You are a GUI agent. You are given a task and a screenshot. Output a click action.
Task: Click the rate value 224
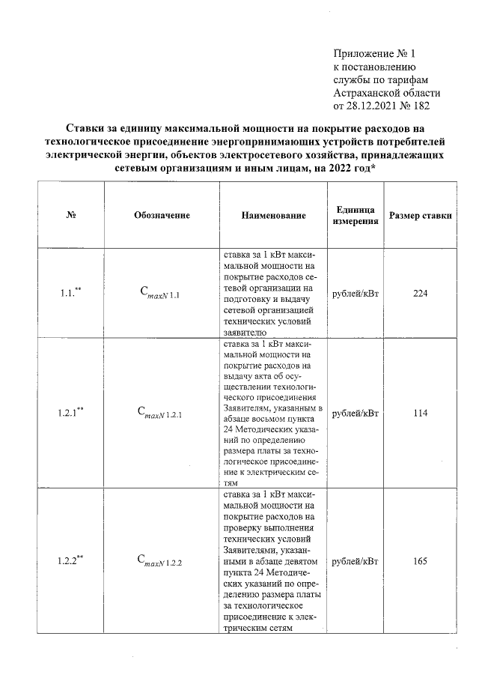coord(419,294)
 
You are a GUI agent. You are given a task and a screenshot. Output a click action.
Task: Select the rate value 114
coord(419,413)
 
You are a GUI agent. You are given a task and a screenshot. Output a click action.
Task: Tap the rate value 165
coord(419,561)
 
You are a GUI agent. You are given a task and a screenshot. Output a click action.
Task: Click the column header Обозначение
coord(162,215)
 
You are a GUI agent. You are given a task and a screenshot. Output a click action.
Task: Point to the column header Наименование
coord(273,215)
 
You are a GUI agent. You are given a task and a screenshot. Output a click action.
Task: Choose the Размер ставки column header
coord(420,215)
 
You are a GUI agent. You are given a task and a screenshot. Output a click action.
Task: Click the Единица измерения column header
coord(356,215)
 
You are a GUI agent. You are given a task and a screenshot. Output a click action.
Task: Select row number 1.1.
coord(70,294)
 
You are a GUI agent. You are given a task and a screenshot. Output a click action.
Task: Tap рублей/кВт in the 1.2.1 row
coord(356,413)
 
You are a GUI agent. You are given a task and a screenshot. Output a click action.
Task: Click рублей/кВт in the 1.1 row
coord(356,294)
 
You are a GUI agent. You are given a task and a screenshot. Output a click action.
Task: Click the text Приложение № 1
coord(373,53)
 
